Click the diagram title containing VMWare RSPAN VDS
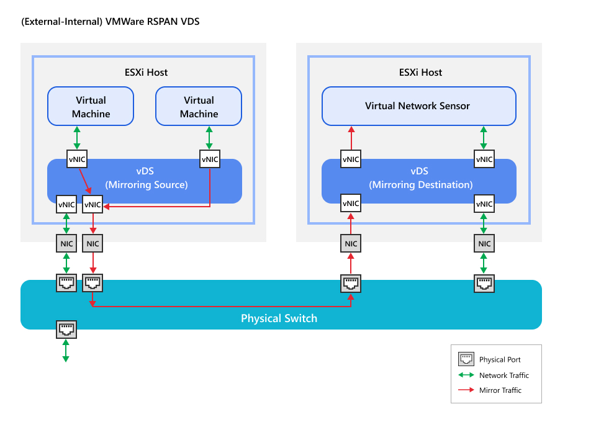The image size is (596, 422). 110,22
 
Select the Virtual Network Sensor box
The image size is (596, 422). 418,105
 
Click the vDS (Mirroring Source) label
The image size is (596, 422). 147,177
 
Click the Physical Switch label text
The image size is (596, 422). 279,318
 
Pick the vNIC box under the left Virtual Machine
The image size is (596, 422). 77,159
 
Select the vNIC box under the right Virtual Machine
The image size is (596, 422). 210,159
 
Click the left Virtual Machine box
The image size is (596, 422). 91,106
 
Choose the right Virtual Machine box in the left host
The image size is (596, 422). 199,106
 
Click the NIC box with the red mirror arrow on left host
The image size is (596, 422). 93,244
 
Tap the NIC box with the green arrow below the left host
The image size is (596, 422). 66,244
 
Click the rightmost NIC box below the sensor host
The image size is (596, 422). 484,244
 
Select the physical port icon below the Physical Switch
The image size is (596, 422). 66,329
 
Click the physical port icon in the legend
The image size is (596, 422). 466,359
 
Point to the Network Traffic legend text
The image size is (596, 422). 503,375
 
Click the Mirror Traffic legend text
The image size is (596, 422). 500,390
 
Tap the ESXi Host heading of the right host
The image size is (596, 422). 420,72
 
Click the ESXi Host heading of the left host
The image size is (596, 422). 146,72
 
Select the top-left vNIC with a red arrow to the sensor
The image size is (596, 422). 351,159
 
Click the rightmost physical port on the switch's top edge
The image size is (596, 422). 484,284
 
